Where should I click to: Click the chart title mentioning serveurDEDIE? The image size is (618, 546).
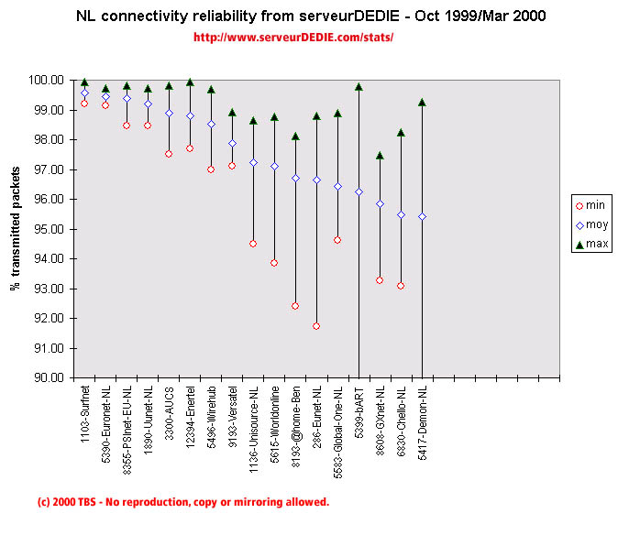tap(308, 17)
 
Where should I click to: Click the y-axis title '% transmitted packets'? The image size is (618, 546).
tap(16, 229)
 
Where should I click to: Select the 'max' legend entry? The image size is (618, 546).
tap(589, 244)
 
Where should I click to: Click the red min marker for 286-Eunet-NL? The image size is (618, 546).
tap(316, 326)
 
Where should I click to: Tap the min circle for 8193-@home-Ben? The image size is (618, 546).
tap(295, 306)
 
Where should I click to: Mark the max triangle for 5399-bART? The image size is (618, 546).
tap(359, 87)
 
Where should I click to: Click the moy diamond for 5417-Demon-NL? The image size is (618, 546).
tap(422, 216)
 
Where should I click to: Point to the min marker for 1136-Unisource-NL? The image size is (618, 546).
tap(253, 244)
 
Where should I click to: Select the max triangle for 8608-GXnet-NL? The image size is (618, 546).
tap(380, 156)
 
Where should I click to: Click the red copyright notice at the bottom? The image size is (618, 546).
tap(182, 502)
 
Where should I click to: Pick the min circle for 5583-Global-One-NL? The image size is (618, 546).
tap(337, 240)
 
